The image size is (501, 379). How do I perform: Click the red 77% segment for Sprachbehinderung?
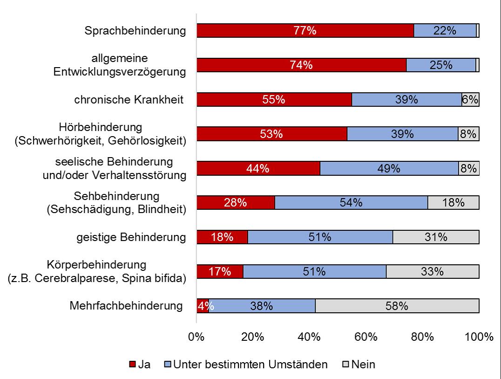tap(305, 31)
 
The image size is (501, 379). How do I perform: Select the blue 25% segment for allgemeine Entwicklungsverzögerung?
tap(441, 65)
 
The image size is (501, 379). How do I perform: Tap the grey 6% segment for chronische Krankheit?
tap(470, 100)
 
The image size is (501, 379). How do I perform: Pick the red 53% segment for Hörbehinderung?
tap(271, 134)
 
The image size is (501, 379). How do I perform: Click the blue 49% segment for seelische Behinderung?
tap(389, 168)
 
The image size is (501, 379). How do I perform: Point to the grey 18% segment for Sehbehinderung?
tap(453, 203)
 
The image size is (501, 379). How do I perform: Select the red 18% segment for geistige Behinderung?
tap(222, 237)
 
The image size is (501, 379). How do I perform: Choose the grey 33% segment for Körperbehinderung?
tap(432, 271)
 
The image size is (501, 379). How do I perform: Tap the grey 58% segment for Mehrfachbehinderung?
tap(397, 306)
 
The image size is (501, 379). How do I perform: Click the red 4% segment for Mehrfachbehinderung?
tap(203, 306)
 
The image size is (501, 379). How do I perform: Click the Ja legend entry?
tap(140, 365)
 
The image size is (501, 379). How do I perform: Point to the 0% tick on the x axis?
tap(196, 337)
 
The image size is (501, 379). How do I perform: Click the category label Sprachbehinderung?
tap(135, 31)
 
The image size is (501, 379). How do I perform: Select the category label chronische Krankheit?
tap(129, 100)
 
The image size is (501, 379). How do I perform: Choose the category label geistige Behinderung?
tap(131, 237)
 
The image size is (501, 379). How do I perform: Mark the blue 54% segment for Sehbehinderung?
tap(351, 203)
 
